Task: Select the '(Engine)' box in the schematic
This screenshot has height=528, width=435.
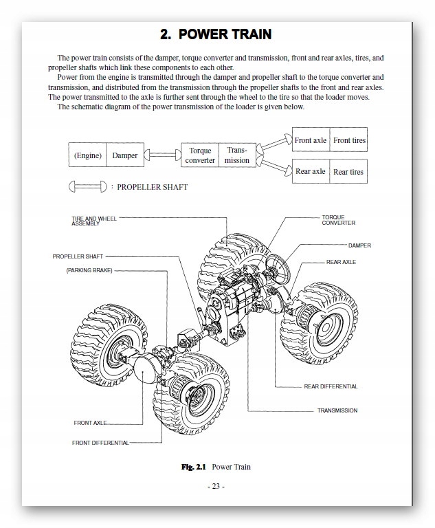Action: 87,155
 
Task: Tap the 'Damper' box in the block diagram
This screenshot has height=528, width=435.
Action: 124,155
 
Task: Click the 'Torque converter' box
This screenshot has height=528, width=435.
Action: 199,155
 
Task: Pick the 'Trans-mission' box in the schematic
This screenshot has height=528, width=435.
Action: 237,155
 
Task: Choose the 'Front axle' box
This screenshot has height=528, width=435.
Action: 311,140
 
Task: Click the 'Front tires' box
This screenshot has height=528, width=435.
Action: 349,140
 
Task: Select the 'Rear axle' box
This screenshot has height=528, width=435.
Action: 311,171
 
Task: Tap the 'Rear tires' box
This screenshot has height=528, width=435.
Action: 349,171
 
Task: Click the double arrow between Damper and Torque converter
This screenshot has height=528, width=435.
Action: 162,156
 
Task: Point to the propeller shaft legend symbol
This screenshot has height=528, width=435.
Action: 87,186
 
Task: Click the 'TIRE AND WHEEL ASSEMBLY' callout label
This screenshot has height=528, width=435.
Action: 94,221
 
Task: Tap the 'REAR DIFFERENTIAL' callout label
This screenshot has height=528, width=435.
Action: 331,386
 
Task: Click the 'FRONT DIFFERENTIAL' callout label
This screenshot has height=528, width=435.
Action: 100,443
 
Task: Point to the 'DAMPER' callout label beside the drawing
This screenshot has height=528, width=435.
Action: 359,245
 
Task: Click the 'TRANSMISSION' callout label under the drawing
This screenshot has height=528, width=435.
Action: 337,410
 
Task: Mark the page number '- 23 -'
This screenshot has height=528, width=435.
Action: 216,487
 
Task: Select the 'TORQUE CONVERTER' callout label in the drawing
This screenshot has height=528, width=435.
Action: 338,220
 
